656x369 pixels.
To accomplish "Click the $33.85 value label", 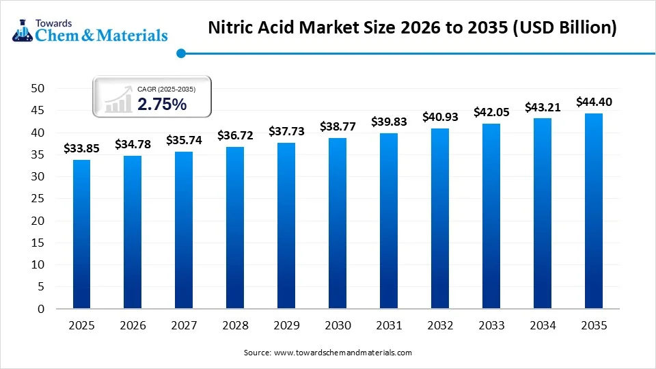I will click(x=81, y=148).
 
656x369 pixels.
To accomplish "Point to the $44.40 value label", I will click(x=594, y=102).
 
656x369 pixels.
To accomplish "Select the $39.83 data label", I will click(x=389, y=122).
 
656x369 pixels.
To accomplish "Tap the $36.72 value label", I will click(x=235, y=135).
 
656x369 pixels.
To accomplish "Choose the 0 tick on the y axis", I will click(x=41, y=309).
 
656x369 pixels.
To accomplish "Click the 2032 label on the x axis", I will click(x=440, y=326).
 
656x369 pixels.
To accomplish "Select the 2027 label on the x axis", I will click(x=184, y=326).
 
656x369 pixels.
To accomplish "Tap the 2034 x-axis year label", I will click(x=543, y=326).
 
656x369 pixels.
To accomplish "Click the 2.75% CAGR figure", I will click(x=162, y=104).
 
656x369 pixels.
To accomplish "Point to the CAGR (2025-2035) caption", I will click(x=166, y=89).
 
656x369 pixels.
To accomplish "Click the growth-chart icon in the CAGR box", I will click(x=119, y=100).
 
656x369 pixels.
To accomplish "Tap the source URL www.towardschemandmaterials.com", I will click(x=342, y=353).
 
